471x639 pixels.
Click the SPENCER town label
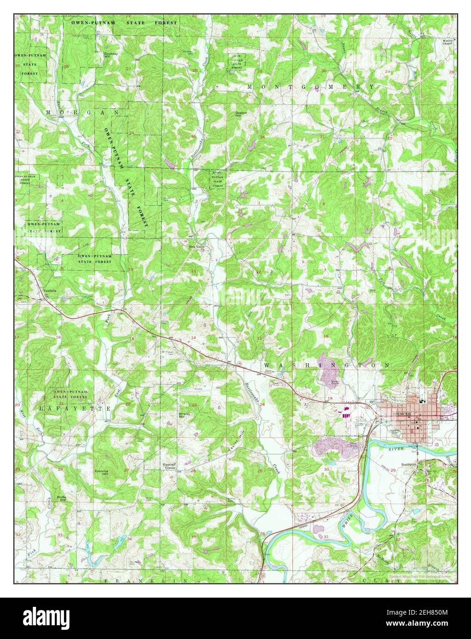402,413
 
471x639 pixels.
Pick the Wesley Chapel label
448,42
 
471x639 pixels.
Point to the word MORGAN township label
82,112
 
